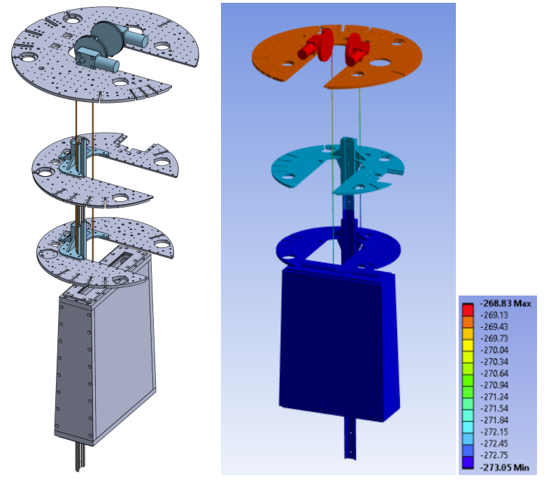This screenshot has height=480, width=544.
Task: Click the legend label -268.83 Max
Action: click(505, 304)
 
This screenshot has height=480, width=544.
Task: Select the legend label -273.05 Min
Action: click(504, 467)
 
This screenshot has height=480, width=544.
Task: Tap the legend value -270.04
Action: click(494, 350)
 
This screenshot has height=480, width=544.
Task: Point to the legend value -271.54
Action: click(494, 408)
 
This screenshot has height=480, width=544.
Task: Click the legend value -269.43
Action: click(494, 327)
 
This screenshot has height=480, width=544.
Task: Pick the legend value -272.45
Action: click(494, 443)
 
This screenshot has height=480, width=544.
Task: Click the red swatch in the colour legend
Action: click(468, 310)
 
